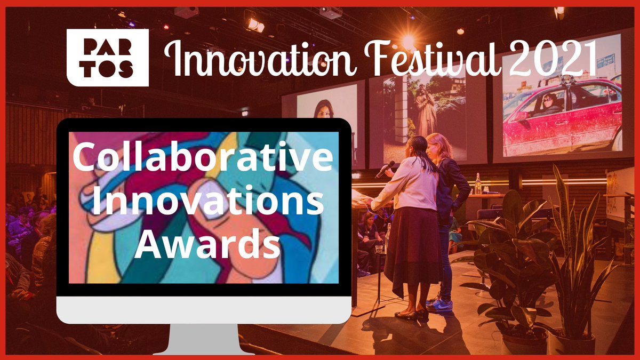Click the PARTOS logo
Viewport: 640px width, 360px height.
[x=107, y=57]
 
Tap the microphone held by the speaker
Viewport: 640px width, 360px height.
[x=385, y=169]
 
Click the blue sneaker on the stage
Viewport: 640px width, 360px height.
[x=440, y=305]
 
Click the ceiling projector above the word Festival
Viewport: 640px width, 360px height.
[x=331, y=12]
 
